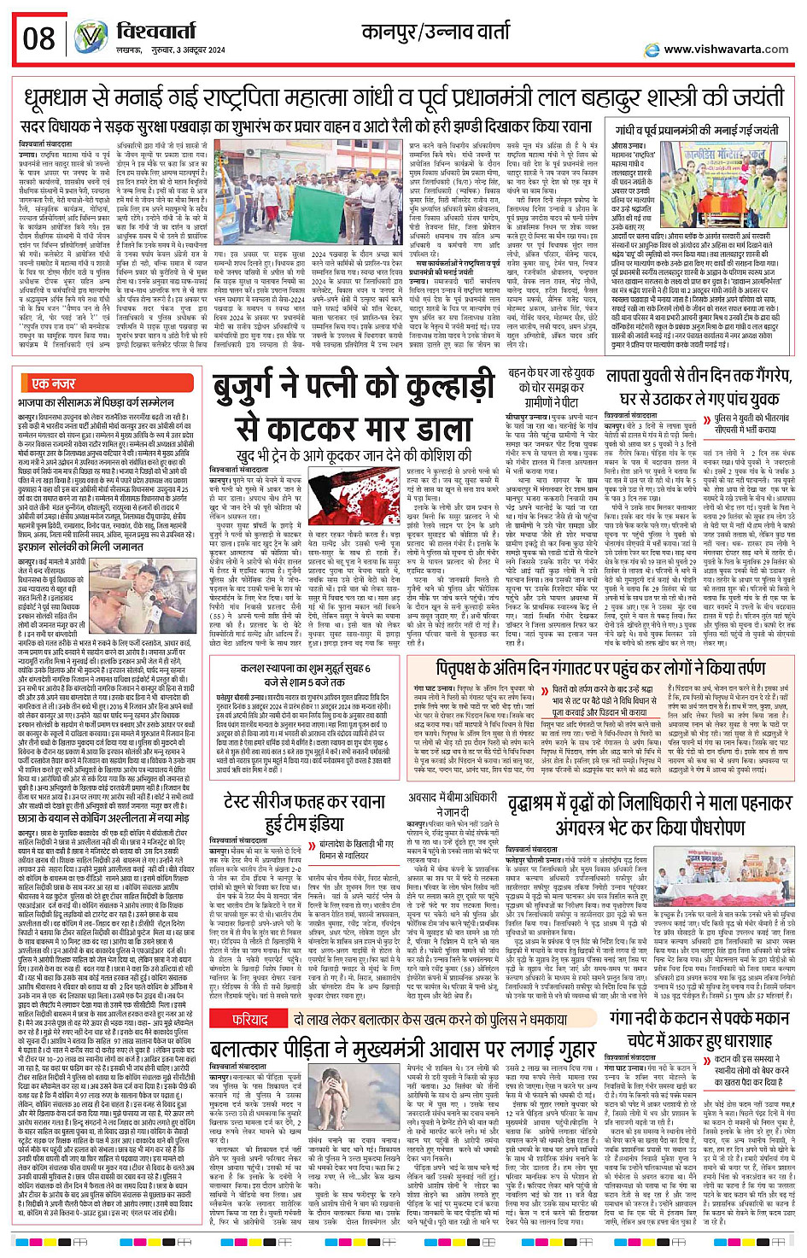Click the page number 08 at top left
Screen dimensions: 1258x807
click(39, 38)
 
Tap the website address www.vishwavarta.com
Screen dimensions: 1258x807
click(726, 50)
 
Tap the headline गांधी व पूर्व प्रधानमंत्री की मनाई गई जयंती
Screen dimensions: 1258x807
click(696, 131)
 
